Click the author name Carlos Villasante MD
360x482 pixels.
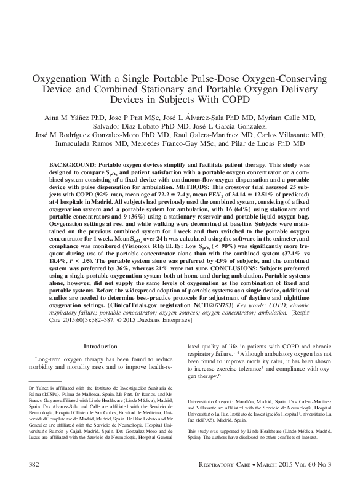[x=289, y=134]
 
